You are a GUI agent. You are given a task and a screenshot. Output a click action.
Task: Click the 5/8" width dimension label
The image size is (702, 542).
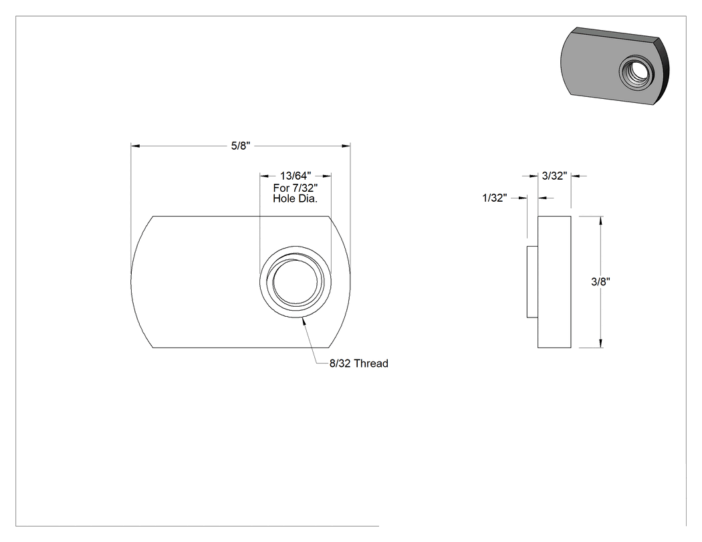241,146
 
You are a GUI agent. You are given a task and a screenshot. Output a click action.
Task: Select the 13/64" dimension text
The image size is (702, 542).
296,176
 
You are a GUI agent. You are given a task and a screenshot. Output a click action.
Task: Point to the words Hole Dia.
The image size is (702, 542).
296,198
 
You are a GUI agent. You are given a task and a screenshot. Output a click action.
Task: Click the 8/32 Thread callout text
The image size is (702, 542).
358,364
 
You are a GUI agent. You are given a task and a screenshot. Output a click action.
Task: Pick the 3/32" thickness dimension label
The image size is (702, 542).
555,176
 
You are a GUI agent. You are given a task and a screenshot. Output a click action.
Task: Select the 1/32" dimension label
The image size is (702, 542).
495,198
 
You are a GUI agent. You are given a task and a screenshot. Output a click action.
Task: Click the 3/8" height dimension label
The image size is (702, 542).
600,281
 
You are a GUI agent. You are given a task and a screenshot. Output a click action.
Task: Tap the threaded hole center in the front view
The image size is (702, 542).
296,282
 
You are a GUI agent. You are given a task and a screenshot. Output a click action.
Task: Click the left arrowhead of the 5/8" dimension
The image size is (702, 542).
135,146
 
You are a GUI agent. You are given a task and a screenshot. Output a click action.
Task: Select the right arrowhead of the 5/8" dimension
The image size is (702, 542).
346,146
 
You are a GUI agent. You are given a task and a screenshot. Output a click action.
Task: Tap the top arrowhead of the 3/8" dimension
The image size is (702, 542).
600,221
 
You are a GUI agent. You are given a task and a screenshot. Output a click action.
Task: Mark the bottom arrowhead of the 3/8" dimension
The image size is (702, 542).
600,343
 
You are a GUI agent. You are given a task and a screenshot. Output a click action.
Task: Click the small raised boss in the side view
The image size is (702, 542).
532,282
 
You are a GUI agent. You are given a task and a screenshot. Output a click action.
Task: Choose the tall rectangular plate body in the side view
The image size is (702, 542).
554,282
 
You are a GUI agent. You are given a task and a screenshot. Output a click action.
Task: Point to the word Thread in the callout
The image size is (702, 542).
371,364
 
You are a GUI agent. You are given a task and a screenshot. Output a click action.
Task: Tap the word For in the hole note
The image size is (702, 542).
281,188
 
